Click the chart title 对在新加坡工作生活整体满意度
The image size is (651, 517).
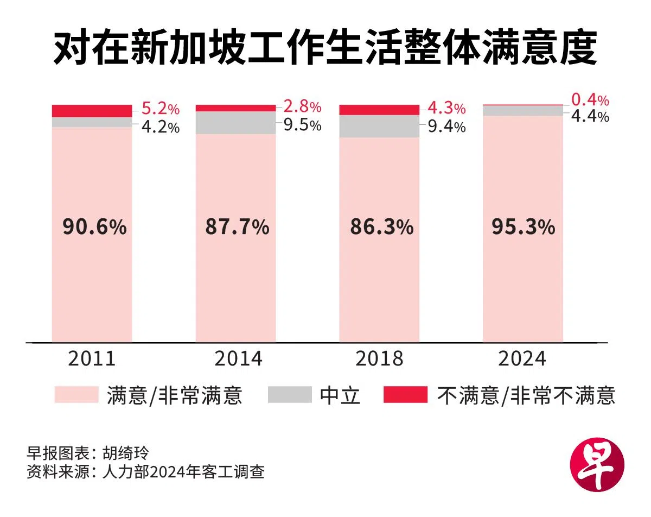(325, 49)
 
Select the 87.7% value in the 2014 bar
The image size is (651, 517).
(237, 227)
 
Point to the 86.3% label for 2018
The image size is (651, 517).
(381, 227)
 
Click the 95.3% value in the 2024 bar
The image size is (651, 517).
(524, 227)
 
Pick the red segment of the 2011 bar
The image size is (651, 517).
(92, 111)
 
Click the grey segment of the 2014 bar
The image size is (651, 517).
(235, 123)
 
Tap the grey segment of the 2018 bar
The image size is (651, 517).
(379, 126)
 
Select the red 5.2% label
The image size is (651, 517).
(160, 109)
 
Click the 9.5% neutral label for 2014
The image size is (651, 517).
(303, 126)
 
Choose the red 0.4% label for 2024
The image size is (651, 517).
(590, 100)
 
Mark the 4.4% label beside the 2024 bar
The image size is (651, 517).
(590, 116)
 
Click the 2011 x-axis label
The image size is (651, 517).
(92, 359)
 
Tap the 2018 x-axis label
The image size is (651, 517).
(379, 359)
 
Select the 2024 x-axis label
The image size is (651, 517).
(523, 359)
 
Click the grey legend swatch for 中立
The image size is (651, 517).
(290, 395)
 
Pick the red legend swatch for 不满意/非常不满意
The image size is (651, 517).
(405, 395)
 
